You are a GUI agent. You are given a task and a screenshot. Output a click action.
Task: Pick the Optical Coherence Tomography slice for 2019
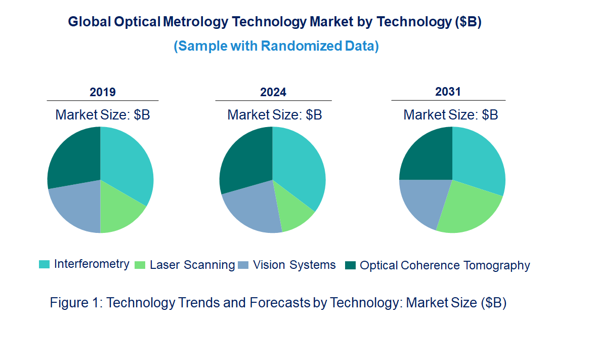[x=73, y=157]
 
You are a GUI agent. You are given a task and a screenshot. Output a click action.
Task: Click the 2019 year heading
[x=103, y=92]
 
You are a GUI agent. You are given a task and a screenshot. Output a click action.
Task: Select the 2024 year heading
[x=273, y=92]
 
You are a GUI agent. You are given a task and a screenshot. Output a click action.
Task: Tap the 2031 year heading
[x=448, y=92]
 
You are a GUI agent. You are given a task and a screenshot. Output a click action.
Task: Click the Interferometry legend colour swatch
[x=44, y=264]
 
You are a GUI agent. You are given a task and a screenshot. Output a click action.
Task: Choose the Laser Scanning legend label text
[x=192, y=265]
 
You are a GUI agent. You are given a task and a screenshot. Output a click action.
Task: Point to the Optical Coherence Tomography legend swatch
[x=350, y=265]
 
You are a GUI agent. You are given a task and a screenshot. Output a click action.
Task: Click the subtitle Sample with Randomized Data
[x=276, y=46]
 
